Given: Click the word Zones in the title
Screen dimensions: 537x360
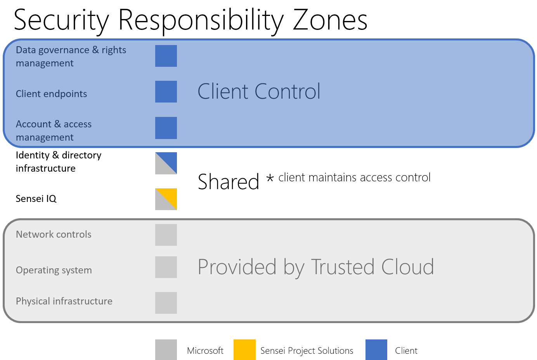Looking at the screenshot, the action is (330, 20).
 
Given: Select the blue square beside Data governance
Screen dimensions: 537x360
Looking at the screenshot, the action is (166, 56).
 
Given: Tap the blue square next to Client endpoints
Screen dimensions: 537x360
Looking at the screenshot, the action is (166, 92).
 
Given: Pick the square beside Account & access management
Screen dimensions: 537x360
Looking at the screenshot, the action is (166, 128).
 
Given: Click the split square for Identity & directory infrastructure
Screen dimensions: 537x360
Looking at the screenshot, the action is (166, 163).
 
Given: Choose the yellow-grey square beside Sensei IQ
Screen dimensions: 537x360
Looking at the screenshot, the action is (166, 199).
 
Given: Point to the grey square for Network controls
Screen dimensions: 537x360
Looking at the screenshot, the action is (166, 235).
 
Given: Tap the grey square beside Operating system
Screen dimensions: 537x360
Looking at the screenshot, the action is (166, 267).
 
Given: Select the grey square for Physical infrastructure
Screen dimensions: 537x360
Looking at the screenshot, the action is (166, 303).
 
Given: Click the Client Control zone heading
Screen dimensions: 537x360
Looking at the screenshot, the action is (259, 91).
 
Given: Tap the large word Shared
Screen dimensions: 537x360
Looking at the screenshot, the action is (229, 182).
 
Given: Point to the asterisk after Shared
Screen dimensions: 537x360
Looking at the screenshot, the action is (270, 178).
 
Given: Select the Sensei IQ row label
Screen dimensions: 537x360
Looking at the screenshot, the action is (36, 199).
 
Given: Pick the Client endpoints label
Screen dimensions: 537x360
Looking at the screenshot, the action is (51, 94).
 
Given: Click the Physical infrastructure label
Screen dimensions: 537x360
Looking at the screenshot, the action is (64, 301).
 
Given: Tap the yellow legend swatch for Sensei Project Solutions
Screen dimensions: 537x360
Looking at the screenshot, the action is (244, 350).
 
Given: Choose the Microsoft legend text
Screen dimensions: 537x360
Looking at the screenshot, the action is (205, 351).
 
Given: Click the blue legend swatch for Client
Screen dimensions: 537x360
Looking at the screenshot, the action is (376, 350).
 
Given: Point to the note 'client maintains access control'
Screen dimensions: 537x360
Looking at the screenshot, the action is (355, 177).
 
